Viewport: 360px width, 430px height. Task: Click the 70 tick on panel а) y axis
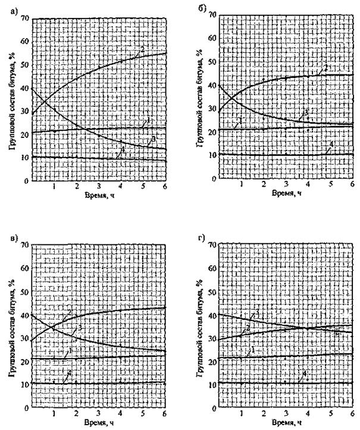tap(24, 18)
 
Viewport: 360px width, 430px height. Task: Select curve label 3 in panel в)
tap(80, 328)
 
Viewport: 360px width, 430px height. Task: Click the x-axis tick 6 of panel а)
tap(165, 186)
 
